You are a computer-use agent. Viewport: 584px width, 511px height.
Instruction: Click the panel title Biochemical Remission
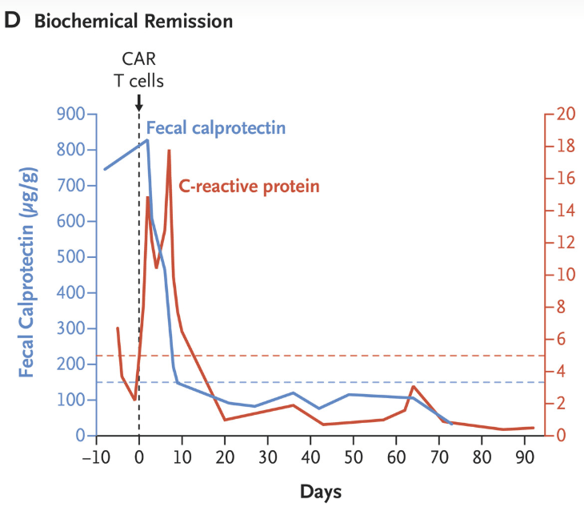(132, 22)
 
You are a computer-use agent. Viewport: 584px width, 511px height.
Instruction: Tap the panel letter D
(12, 22)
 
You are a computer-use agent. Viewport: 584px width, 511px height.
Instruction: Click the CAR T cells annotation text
(138, 69)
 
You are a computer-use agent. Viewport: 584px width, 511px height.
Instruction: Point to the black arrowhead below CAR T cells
(139, 107)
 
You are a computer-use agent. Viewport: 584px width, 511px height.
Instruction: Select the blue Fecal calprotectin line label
(216, 127)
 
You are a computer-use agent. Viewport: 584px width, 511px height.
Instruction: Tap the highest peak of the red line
(169, 151)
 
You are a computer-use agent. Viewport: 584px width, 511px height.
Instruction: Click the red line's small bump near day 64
(413, 387)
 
